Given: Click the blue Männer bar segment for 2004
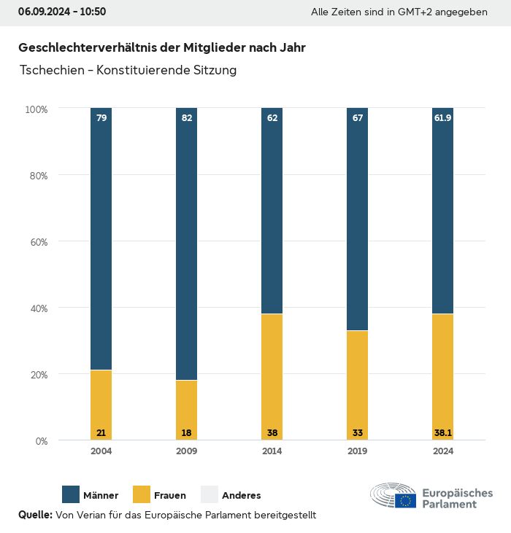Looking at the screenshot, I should (101, 241).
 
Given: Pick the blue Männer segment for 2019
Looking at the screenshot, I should (358, 219).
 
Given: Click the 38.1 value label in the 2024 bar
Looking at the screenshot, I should (443, 433).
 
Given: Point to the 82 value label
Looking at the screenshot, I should (187, 117).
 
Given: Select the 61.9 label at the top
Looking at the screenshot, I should (443, 117).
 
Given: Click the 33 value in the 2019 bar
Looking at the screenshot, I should (358, 433).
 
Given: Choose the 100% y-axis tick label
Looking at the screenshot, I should (36, 109).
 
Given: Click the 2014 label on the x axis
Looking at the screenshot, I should (272, 451).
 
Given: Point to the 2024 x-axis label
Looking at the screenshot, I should (443, 451).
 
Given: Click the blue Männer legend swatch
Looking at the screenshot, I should (72, 494).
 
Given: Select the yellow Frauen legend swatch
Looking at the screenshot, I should (142, 494).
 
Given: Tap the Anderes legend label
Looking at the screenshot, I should (241, 495).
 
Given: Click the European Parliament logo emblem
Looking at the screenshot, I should (393, 495).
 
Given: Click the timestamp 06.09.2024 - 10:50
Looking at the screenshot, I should (62, 12).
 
